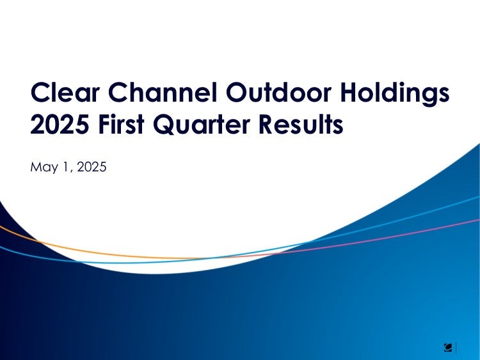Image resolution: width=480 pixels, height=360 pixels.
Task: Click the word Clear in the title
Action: (x=65, y=92)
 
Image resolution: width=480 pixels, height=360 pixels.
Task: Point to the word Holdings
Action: (x=395, y=94)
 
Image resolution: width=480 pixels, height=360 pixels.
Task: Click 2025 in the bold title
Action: (x=60, y=124)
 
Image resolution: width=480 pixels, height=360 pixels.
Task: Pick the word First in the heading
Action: (x=121, y=124)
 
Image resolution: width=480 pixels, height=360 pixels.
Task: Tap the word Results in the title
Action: (x=301, y=124)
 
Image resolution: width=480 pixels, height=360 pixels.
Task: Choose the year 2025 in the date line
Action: (x=92, y=167)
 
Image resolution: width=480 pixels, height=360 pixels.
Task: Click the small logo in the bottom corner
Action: (x=448, y=348)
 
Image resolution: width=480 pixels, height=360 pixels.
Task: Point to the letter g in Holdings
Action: (x=428, y=97)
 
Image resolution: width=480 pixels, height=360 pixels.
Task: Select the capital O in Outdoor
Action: (x=236, y=92)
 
